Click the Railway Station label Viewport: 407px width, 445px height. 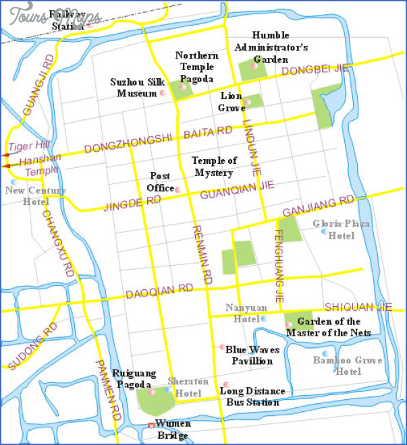pyautogui.click(x=70, y=20)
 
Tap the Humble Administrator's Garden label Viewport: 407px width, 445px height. pyautogui.click(x=271, y=47)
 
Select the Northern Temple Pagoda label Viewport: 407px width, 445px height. pyautogui.click(x=196, y=66)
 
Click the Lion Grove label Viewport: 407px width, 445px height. pyautogui.click(x=232, y=102)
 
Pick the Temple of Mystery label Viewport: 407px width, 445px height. pyautogui.click(x=215, y=167)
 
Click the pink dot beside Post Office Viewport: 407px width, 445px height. pyautogui.click(x=178, y=189)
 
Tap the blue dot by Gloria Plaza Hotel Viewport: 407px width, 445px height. pyautogui.click(x=324, y=231)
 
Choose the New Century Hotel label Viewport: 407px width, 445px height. pyautogui.click(x=36, y=196)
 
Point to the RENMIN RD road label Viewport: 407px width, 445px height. pyautogui.click(x=202, y=253)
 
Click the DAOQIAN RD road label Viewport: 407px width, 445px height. pyautogui.click(x=159, y=291)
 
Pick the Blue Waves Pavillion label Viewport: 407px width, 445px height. pyautogui.click(x=249, y=355)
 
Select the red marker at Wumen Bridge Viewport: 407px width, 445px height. pyautogui.click(x=151, y=425)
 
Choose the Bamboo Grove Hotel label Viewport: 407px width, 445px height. pyautogui.click(x=337, y=365)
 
